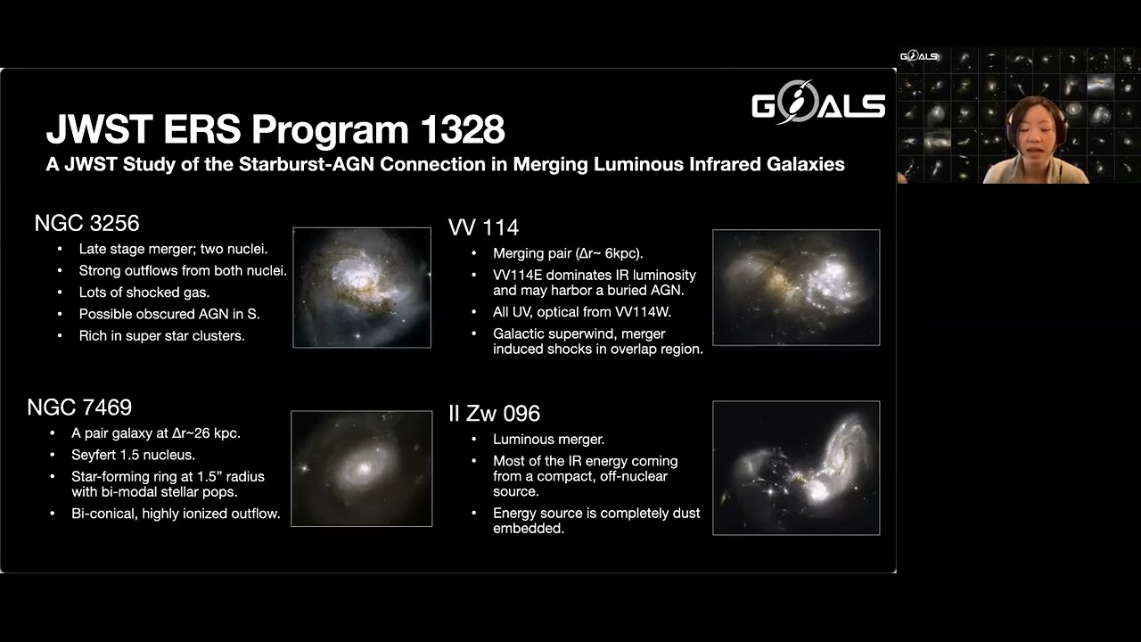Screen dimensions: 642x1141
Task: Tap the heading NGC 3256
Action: point(86,223)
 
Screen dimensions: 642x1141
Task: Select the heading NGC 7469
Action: point(79,407)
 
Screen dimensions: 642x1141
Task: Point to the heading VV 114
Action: point(483,227)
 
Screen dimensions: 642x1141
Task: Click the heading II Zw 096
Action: point(494,414)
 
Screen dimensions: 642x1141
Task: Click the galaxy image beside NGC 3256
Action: point(362,287)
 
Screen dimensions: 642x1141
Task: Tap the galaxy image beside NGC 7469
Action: point(362,468)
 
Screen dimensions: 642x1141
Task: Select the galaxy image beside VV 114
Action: point(796,287)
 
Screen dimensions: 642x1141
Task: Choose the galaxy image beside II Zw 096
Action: point(796,468)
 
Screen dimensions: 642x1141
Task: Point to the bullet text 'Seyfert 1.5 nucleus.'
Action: point(133,455)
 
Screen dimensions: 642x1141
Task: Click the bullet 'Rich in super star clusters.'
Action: point(161,336)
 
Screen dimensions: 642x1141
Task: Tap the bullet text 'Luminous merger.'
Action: point(548,440)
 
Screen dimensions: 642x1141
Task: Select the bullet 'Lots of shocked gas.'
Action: point(144,292)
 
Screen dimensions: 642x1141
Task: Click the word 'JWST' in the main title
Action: point(97,130)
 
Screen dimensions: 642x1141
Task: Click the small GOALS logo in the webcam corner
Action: point(918,56)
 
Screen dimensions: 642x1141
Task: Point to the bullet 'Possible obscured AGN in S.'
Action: point(169,314)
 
